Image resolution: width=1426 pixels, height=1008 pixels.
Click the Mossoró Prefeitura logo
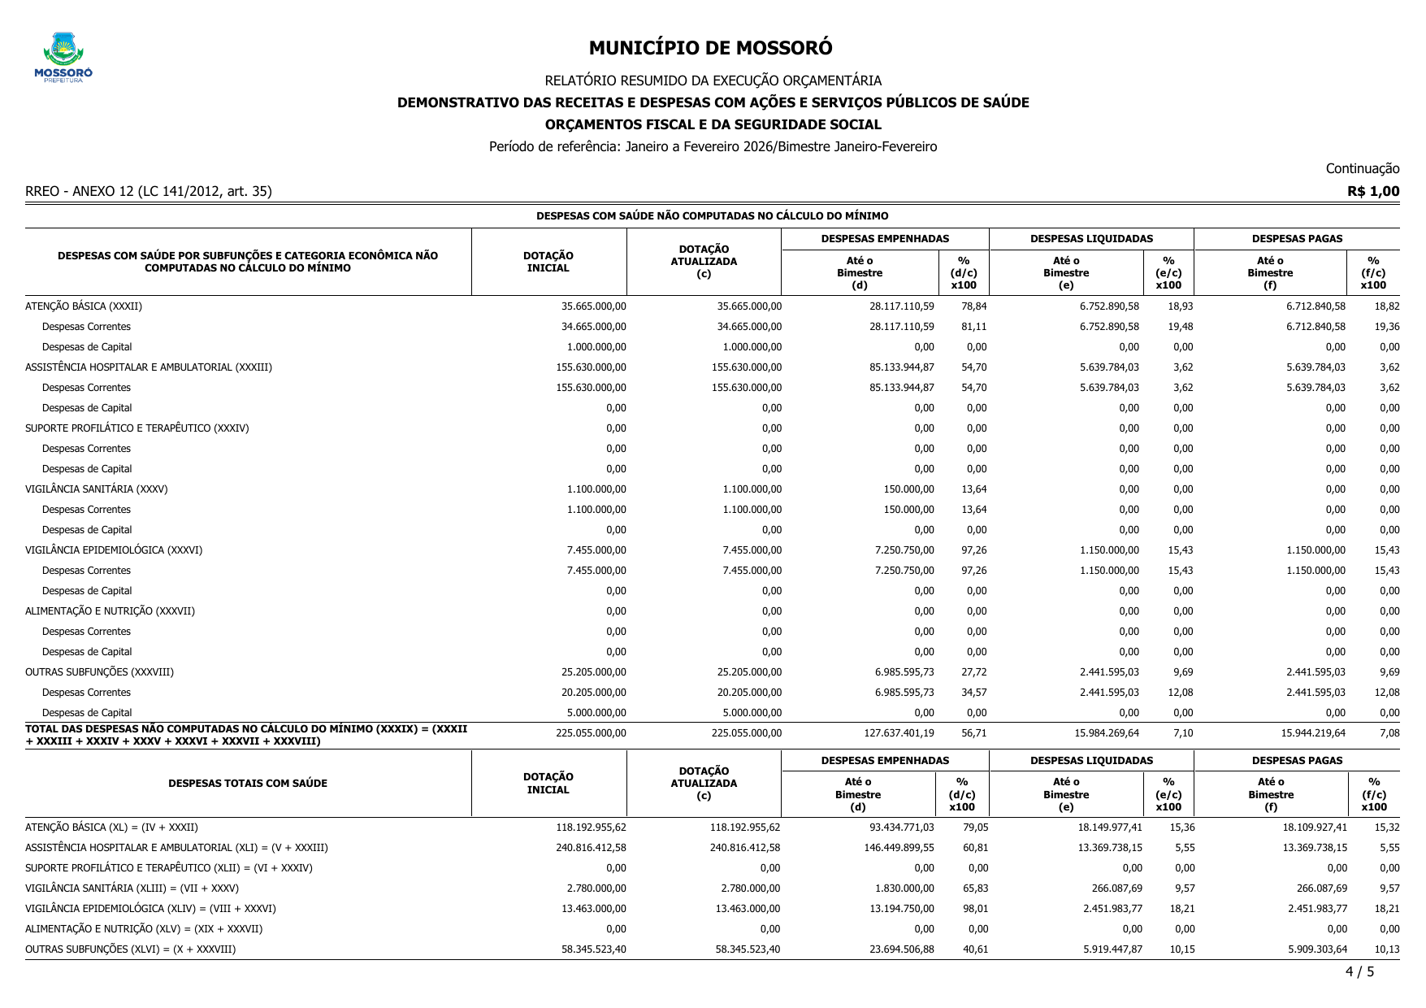(x=63, y=57)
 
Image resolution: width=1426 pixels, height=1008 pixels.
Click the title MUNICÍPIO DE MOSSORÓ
(x=710, y=48)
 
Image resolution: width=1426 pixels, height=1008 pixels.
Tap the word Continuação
(x=1362, y=168)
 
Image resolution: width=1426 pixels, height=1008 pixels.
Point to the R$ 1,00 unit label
(x=1373, y=192)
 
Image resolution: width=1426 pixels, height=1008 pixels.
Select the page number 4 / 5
(x=1359, y=971)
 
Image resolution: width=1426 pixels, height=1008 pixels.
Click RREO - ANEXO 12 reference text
(x=149, y=192)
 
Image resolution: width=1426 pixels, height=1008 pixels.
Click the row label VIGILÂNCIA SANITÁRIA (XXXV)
(x=96, y=489)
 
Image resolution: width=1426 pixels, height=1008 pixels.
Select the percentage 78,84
(x=973, y=306)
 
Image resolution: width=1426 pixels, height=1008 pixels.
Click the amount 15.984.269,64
(x=1106, y=733)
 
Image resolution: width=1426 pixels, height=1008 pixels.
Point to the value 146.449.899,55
(x=899, y=848)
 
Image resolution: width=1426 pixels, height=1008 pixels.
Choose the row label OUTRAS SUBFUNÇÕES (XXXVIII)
(x=99, y=672)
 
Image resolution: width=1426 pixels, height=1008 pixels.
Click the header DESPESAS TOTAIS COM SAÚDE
(x=248, y=784)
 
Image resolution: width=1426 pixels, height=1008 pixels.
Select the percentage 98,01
(x=975, y=909)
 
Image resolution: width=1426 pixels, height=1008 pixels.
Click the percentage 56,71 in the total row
(x=973, y=733)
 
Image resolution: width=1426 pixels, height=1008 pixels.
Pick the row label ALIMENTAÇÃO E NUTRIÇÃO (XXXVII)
(x=110, y=611)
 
